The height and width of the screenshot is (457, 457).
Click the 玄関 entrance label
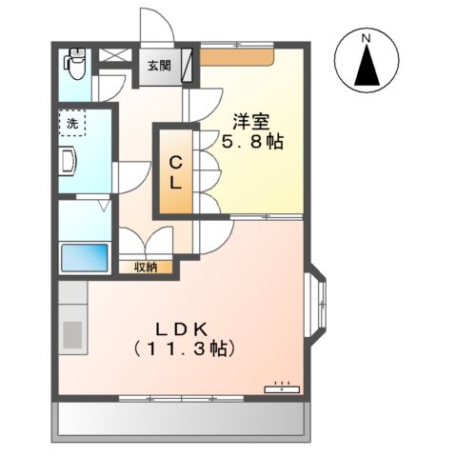[159, 66]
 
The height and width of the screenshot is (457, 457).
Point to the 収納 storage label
[146, 268]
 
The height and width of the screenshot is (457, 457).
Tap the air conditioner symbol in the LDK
[282, 387]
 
